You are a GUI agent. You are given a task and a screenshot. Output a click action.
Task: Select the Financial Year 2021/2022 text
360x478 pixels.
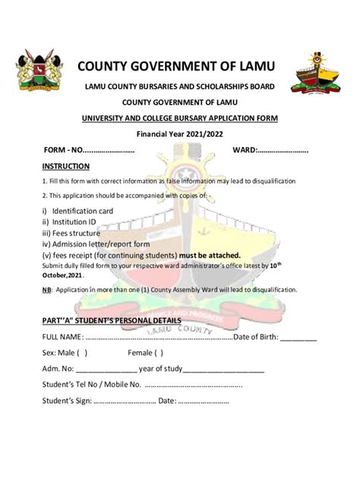pos(180,134)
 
